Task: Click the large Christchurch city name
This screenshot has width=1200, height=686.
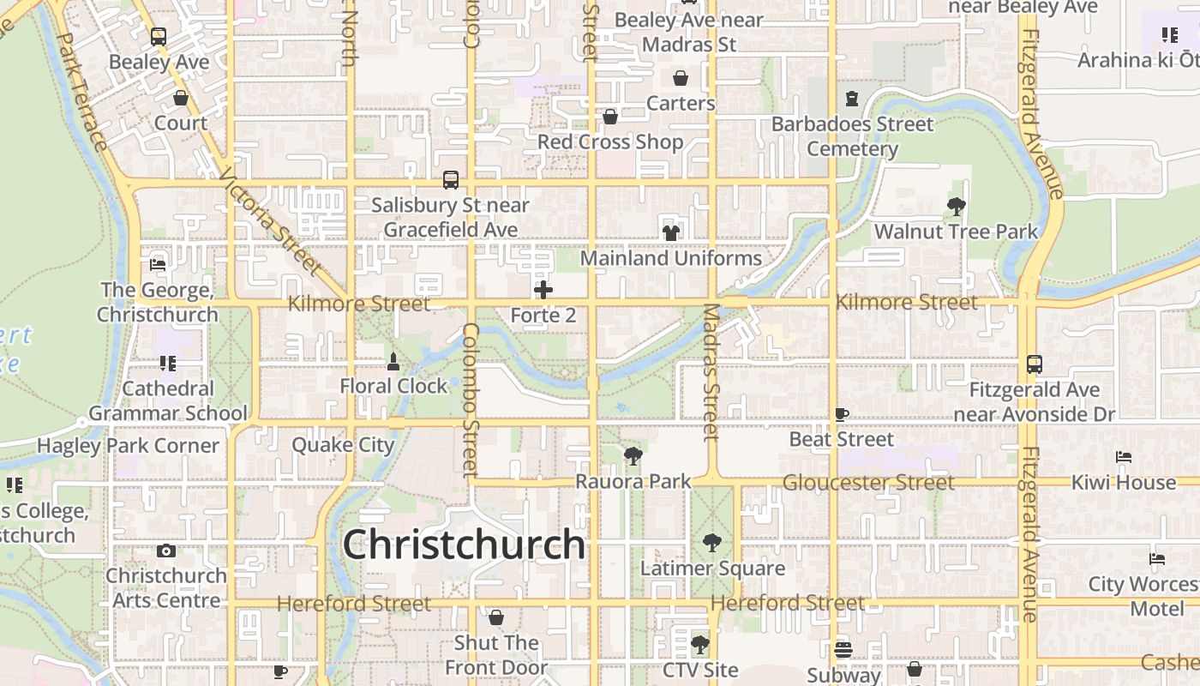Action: point(464,544)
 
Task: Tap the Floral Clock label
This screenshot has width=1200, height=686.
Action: point(393,386)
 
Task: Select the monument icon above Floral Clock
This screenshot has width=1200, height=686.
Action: point(393,362)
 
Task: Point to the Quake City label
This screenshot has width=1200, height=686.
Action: point(343,445)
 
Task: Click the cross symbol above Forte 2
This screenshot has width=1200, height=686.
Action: point(543,290)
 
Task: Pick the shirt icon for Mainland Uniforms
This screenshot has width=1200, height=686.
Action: point(670,232)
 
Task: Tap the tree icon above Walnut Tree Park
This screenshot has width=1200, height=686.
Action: point(956,206)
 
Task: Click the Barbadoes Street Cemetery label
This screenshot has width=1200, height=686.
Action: point(852,136)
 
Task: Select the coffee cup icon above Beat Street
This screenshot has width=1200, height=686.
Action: point(842,415)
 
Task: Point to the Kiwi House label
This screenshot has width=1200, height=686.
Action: point(1123,482)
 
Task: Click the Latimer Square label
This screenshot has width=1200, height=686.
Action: point(712,569)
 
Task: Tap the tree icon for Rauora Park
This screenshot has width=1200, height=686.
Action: point(633,456)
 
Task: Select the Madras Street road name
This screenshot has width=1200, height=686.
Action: point(711,372)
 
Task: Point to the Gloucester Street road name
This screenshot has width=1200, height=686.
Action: point(867,483)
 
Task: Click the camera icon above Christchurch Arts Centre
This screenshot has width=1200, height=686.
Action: point(166,551)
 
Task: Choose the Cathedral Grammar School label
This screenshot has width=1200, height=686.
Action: point(168,400)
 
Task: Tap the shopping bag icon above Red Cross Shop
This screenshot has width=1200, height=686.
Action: point(610,116)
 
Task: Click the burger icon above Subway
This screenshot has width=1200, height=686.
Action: point(843,649)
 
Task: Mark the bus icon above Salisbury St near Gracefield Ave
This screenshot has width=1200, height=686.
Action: point(451,180)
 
